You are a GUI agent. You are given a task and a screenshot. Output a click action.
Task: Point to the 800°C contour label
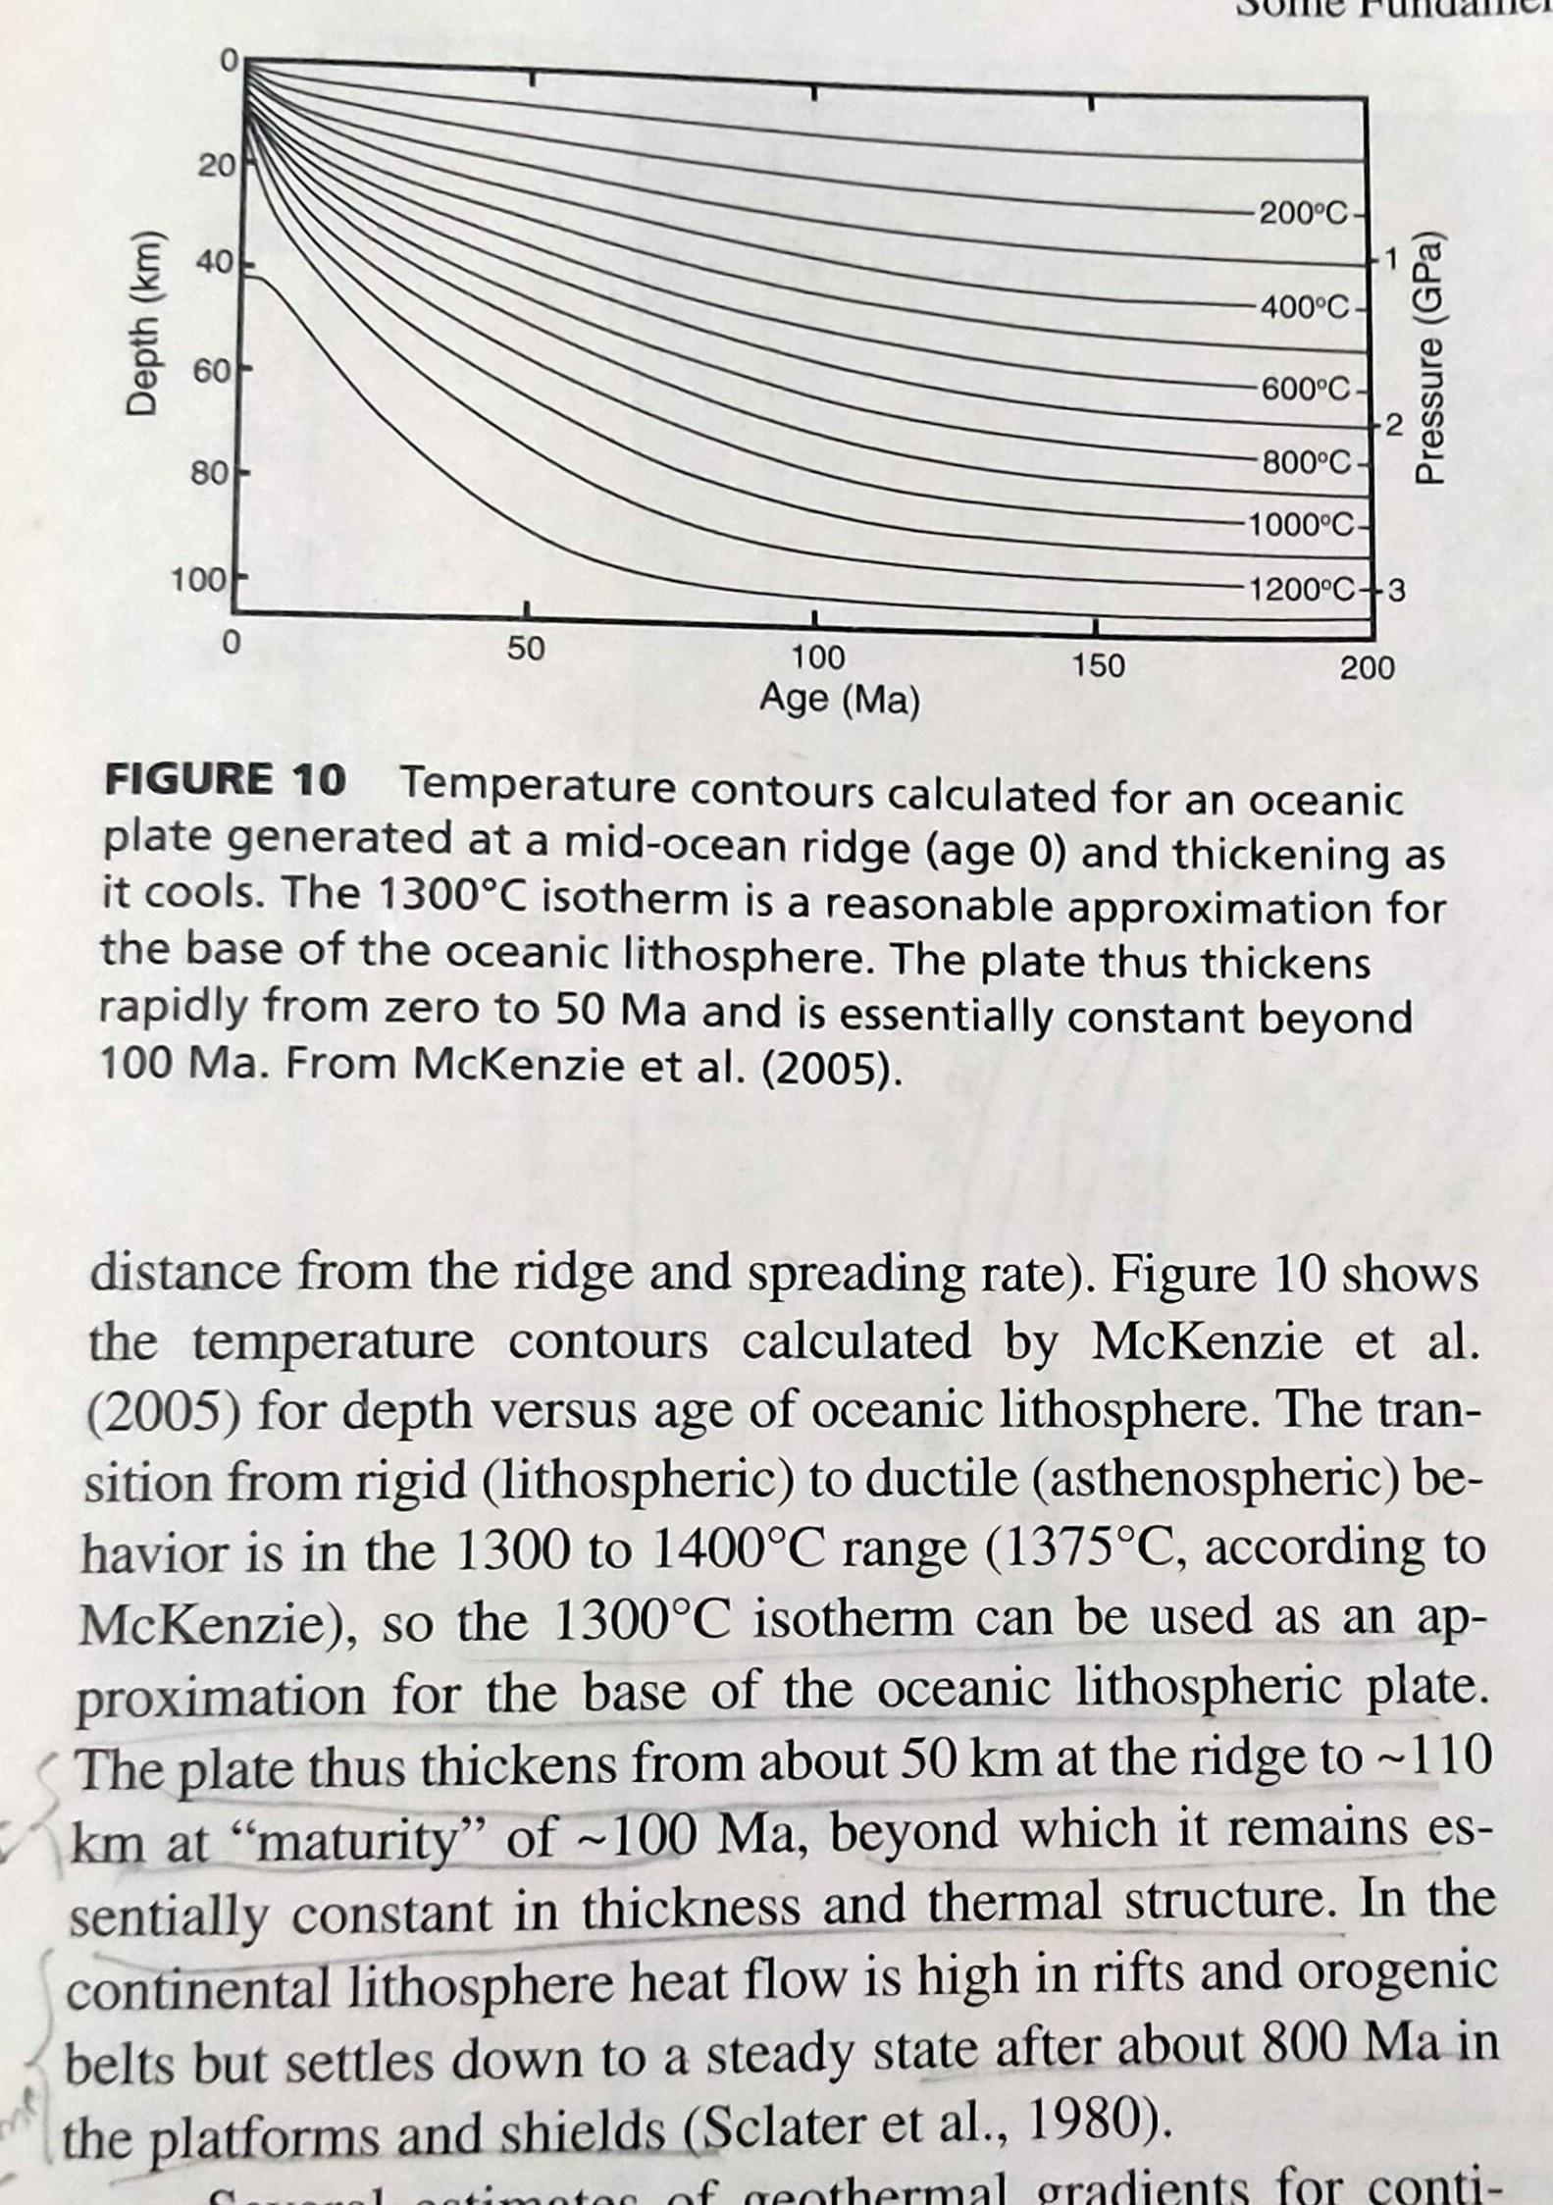[x=1305, y=460]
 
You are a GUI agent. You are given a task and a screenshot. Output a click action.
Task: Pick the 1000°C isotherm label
[x=1298, y=524]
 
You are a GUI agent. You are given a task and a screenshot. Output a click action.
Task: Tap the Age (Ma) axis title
[x=840, y=701]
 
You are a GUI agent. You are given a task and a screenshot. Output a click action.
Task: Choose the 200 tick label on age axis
[x=1367, y=669]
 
